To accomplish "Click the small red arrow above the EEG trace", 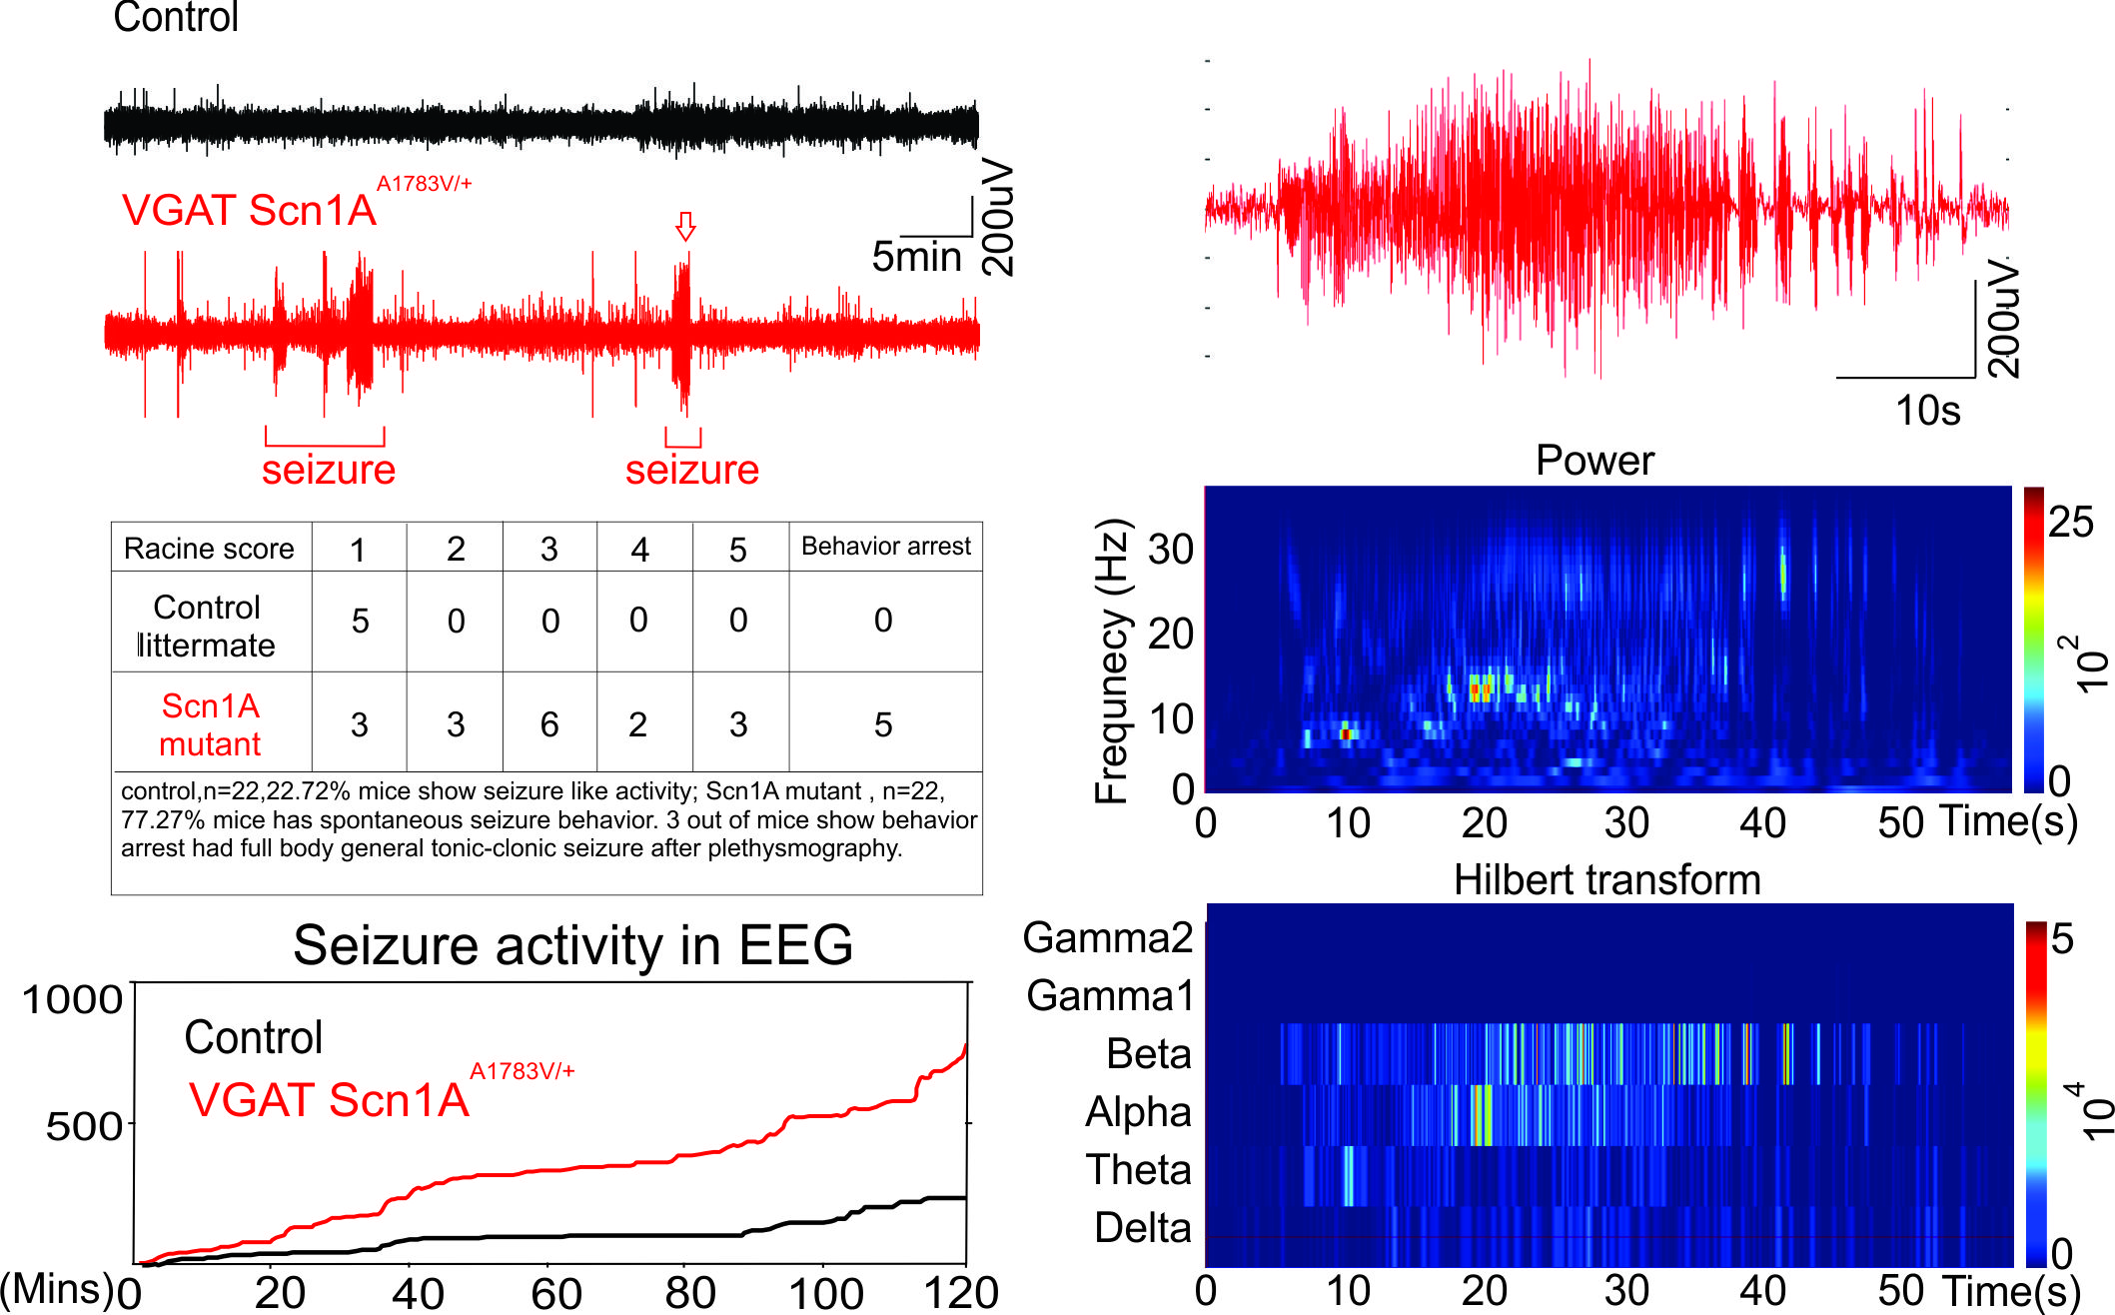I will pyautogui.click(x=685, y=227).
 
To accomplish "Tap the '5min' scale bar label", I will pyautogui.click(x=916, y=257).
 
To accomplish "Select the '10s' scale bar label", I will pyautogui.click(x=1927, y=411).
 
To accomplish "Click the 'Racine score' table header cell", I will pyautogui.click(x=209, y=549).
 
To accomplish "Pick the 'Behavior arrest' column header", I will pyautogui.click(x=885, y=547).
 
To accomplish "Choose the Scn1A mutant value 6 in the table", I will pyautogui.click(x=549, y=724).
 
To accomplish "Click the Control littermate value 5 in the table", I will pyautogui.click(x=360, y=622).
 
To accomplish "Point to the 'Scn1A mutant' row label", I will pyautogui.click(x=211, y=724).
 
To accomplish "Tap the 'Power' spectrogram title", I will pyautogui.click(x=1594, y=461).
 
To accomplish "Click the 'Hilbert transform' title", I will pyautogui.click(x=1606, y=880).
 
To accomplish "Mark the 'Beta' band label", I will pyautogui.click(x=1149, y=1054).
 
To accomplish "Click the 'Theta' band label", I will pyautogui.click(x=1139, y=1170).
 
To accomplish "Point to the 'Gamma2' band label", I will pyautogui.click(x=1108, y=938).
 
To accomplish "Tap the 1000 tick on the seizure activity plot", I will pyautogui.click(x=72, y=999).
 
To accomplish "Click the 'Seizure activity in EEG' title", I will pyautogui.click(x=572, y=945).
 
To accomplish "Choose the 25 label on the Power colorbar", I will pyautogui.click(x=2070, y=522).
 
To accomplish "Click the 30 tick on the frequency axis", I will pyautogui.click(x=1170, y=550).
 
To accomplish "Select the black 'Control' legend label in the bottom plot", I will pyautogui.click(x=254, y=1038).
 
